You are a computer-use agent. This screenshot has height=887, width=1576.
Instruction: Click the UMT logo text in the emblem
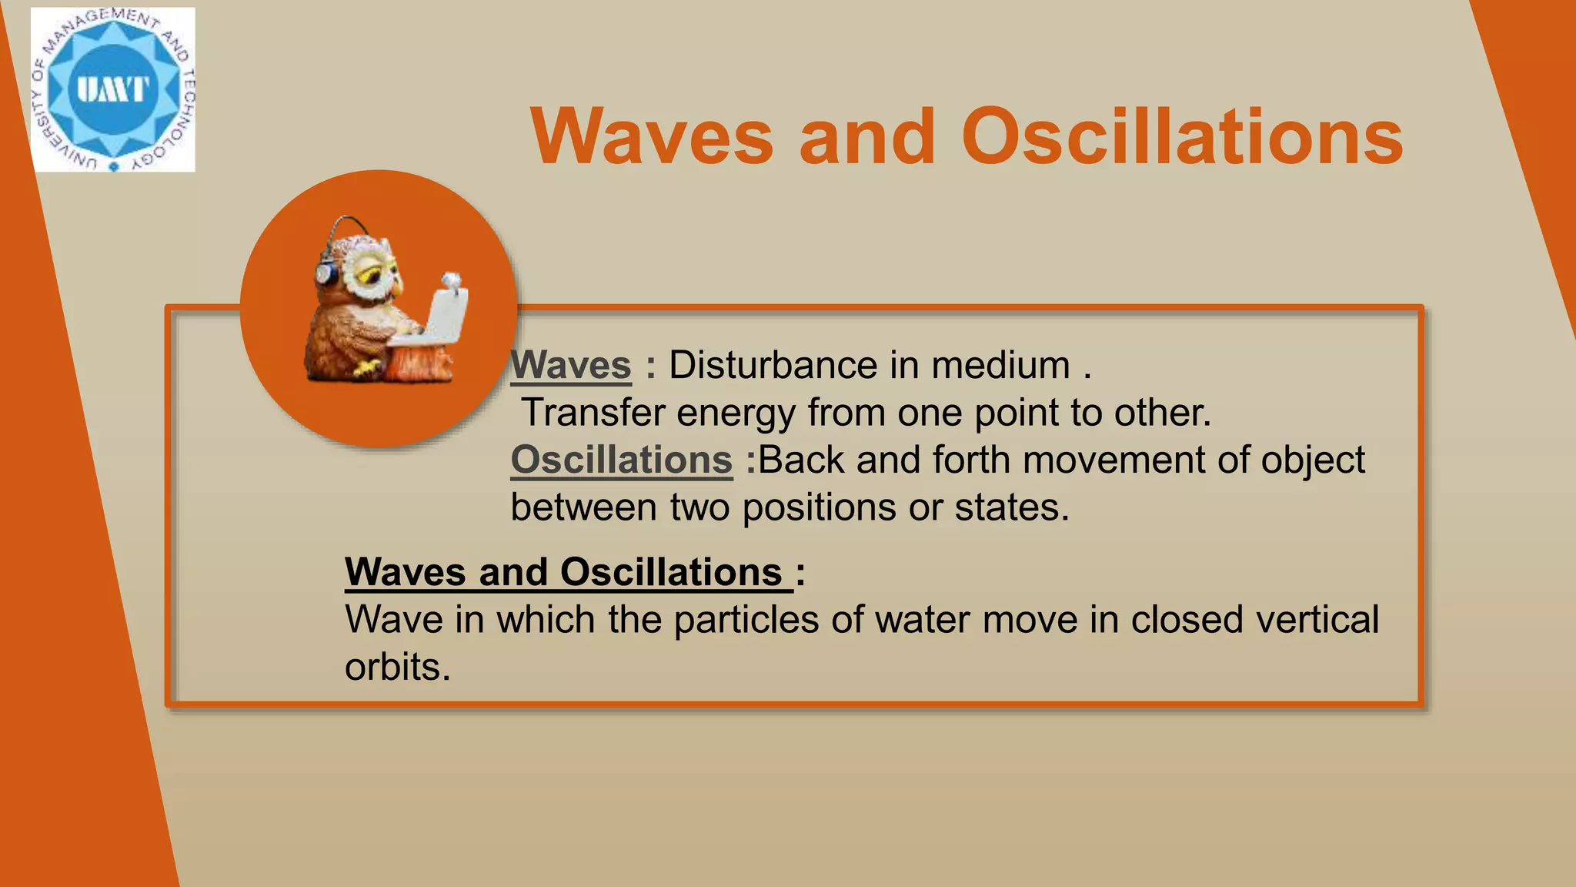(x=113, y=89)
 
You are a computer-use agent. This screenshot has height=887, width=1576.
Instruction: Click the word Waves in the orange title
(x=652, y=137)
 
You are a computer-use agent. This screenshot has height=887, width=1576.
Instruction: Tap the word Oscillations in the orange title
(x=1182, y=137)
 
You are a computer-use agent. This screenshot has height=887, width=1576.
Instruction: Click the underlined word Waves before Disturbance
(x=571, y=365)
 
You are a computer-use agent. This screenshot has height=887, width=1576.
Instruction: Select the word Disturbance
(x=772, y=365)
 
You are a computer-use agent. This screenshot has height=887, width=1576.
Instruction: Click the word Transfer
(x=593, y=413)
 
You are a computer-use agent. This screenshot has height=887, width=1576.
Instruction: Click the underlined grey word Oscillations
(x=621, y=460)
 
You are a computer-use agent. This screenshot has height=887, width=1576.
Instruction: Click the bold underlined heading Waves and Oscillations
(x=564, y=572)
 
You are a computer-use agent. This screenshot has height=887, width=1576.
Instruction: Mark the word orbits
(x=396, y=668)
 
